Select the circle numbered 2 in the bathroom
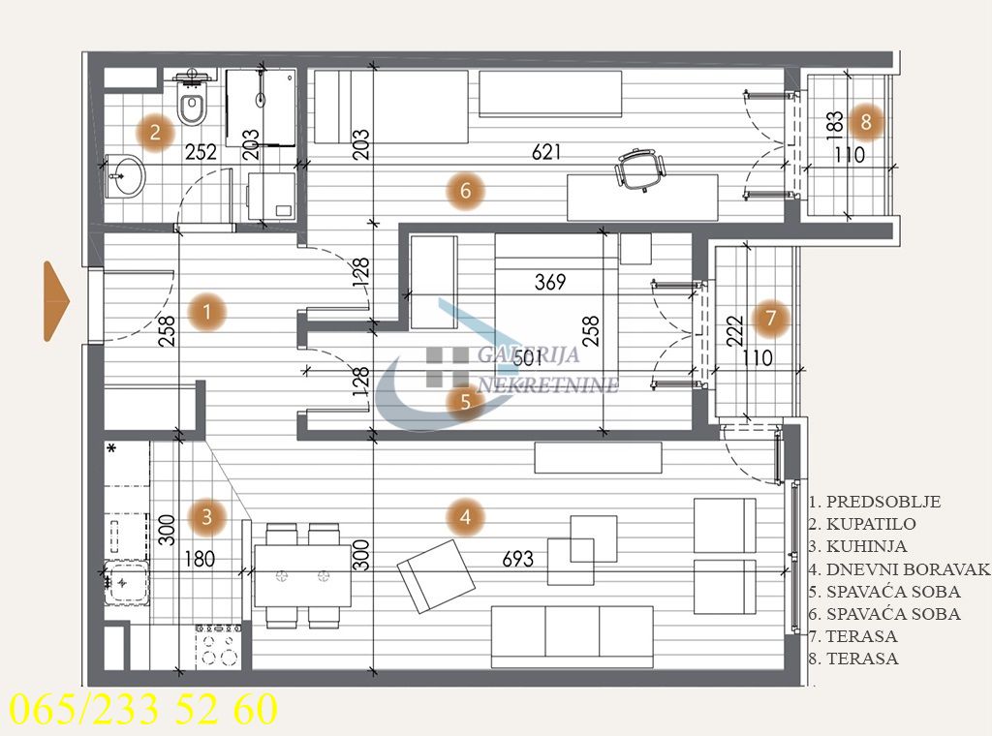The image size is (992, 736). [x=155, y=132]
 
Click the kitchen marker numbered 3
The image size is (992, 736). [x=207, y=516]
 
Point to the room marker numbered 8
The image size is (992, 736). [x=866, y=122]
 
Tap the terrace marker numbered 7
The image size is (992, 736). [x=771, y=317]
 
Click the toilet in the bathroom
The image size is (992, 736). [x=193, y=105]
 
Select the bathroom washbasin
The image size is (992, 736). [x=125, y=175]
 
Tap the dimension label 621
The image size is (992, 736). [x=545, y=151]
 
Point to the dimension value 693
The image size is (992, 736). [x=518, y=559]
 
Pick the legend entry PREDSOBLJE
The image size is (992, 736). [x=874, y=502]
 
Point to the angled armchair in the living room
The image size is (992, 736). [x=436, y=576]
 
